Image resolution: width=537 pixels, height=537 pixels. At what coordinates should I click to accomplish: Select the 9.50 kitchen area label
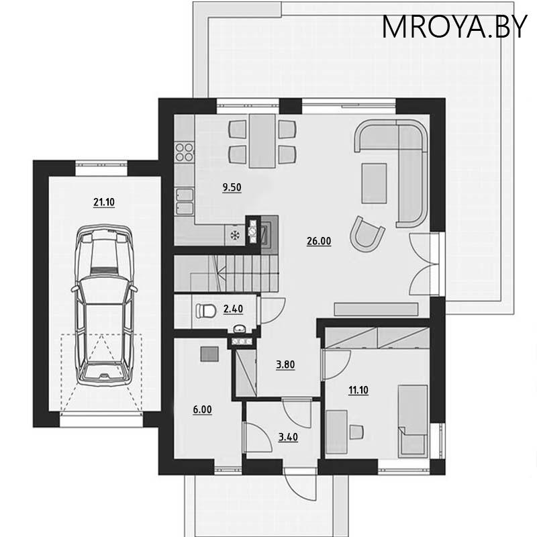point(232,188)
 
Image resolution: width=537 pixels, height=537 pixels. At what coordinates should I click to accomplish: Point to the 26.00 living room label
point(320,242)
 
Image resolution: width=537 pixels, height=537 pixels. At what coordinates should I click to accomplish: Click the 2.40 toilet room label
point(232,309)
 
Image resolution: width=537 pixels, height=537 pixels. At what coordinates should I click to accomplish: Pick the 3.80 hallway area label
point(286,365)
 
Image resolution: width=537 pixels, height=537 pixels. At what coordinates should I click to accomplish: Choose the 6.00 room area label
point(203,407)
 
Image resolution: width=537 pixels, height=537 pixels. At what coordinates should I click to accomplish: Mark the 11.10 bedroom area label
point(357,391)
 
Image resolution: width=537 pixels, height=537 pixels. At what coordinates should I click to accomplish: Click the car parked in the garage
point(104,305)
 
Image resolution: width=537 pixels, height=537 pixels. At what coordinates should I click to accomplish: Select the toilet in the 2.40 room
point(203,310)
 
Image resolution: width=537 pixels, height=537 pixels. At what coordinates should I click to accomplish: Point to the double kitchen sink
point(183,195)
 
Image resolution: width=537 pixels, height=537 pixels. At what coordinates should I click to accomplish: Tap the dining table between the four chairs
point(261,141)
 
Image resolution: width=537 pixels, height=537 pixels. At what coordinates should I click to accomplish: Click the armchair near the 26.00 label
point(369,235)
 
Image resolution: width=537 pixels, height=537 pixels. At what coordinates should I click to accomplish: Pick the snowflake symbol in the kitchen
point(235,235)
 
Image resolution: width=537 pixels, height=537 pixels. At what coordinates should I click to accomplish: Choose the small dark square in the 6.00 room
point(210,354)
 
